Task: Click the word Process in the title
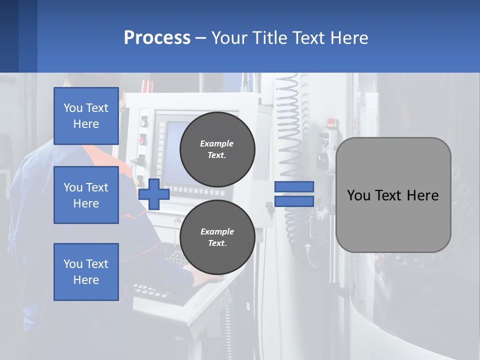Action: coord(157,38)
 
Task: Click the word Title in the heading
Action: coord(268,38)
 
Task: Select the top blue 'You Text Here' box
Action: coord(86,116)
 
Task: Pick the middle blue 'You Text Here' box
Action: coord(86,195)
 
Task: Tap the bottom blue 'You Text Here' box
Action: coord(86,272)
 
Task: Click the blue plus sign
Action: coord(154,194)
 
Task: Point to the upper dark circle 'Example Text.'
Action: coord(217,149)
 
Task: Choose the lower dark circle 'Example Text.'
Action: coord(217,237)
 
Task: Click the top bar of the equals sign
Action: coord(294,186)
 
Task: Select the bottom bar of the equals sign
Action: coord(294,201)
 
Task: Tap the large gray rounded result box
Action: coord(393,195)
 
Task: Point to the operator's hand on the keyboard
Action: coord(200,275)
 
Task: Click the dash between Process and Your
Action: coord(201,38)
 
